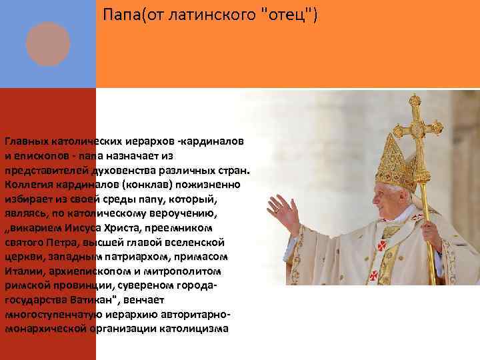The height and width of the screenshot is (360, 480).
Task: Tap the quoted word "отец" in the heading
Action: tap(289, 15)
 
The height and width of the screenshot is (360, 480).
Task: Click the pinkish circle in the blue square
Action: tap(47, 44)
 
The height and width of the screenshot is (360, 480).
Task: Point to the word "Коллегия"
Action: tap(29, 183)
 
